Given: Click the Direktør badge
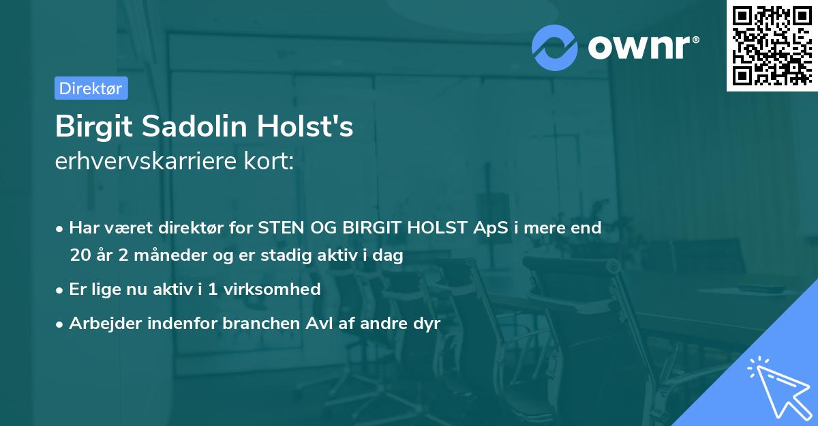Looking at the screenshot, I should (x=91, y=88).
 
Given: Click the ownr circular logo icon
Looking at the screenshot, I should (x=554, y=48).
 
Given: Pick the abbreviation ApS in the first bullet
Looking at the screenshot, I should (x=489, y=228).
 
